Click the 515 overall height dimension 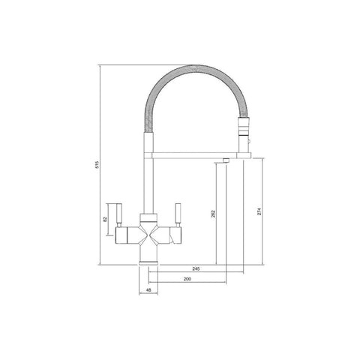(x=97, y=164)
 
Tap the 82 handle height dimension (x=105, y=219)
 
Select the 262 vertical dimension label (x=213, y=214)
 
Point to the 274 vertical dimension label (x=259, y=211)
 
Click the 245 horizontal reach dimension (x=196, y=269)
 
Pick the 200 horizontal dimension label (x=187, y=279)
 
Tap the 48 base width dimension (x=148, y=289)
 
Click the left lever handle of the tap (x=118, y=214)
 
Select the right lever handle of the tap (x=178, y=214)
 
